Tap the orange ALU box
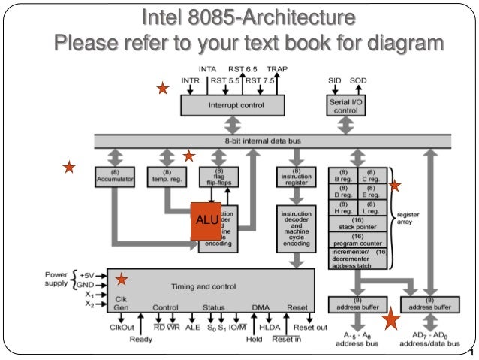pyautogui.click(x=206, y=221)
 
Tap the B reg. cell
pyautogui.click(x=343, y=177)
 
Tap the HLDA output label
pyautogui.click(x=269, y=328)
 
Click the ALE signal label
pyautogui.click(x=192, y=328)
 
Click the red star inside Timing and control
pyautogui.click(x=122, y=280)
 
